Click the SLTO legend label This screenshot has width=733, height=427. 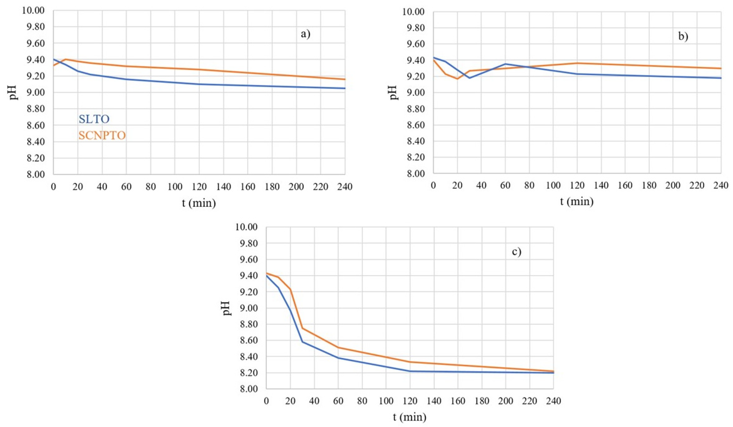pos(94,119)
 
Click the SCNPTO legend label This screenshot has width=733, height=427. pos(102,136)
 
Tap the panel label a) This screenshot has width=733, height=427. pos(305,34)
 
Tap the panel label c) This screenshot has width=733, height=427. pos(517,251)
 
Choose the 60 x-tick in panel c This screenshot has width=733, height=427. pos(338,401)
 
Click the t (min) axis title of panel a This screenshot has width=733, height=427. pos(199,203)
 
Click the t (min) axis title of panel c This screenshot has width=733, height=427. pos(410,417)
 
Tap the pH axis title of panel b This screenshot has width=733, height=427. pos(394,93)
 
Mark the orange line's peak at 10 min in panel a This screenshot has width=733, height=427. pos(65,59)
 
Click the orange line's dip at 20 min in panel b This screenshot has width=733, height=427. pos(457,79)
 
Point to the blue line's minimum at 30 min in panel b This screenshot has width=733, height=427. pos(469,78)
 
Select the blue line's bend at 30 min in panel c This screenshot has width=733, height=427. pos(302,341)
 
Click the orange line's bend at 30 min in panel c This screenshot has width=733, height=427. pos(302,328)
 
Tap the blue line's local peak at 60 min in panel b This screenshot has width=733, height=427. pos(505,64)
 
